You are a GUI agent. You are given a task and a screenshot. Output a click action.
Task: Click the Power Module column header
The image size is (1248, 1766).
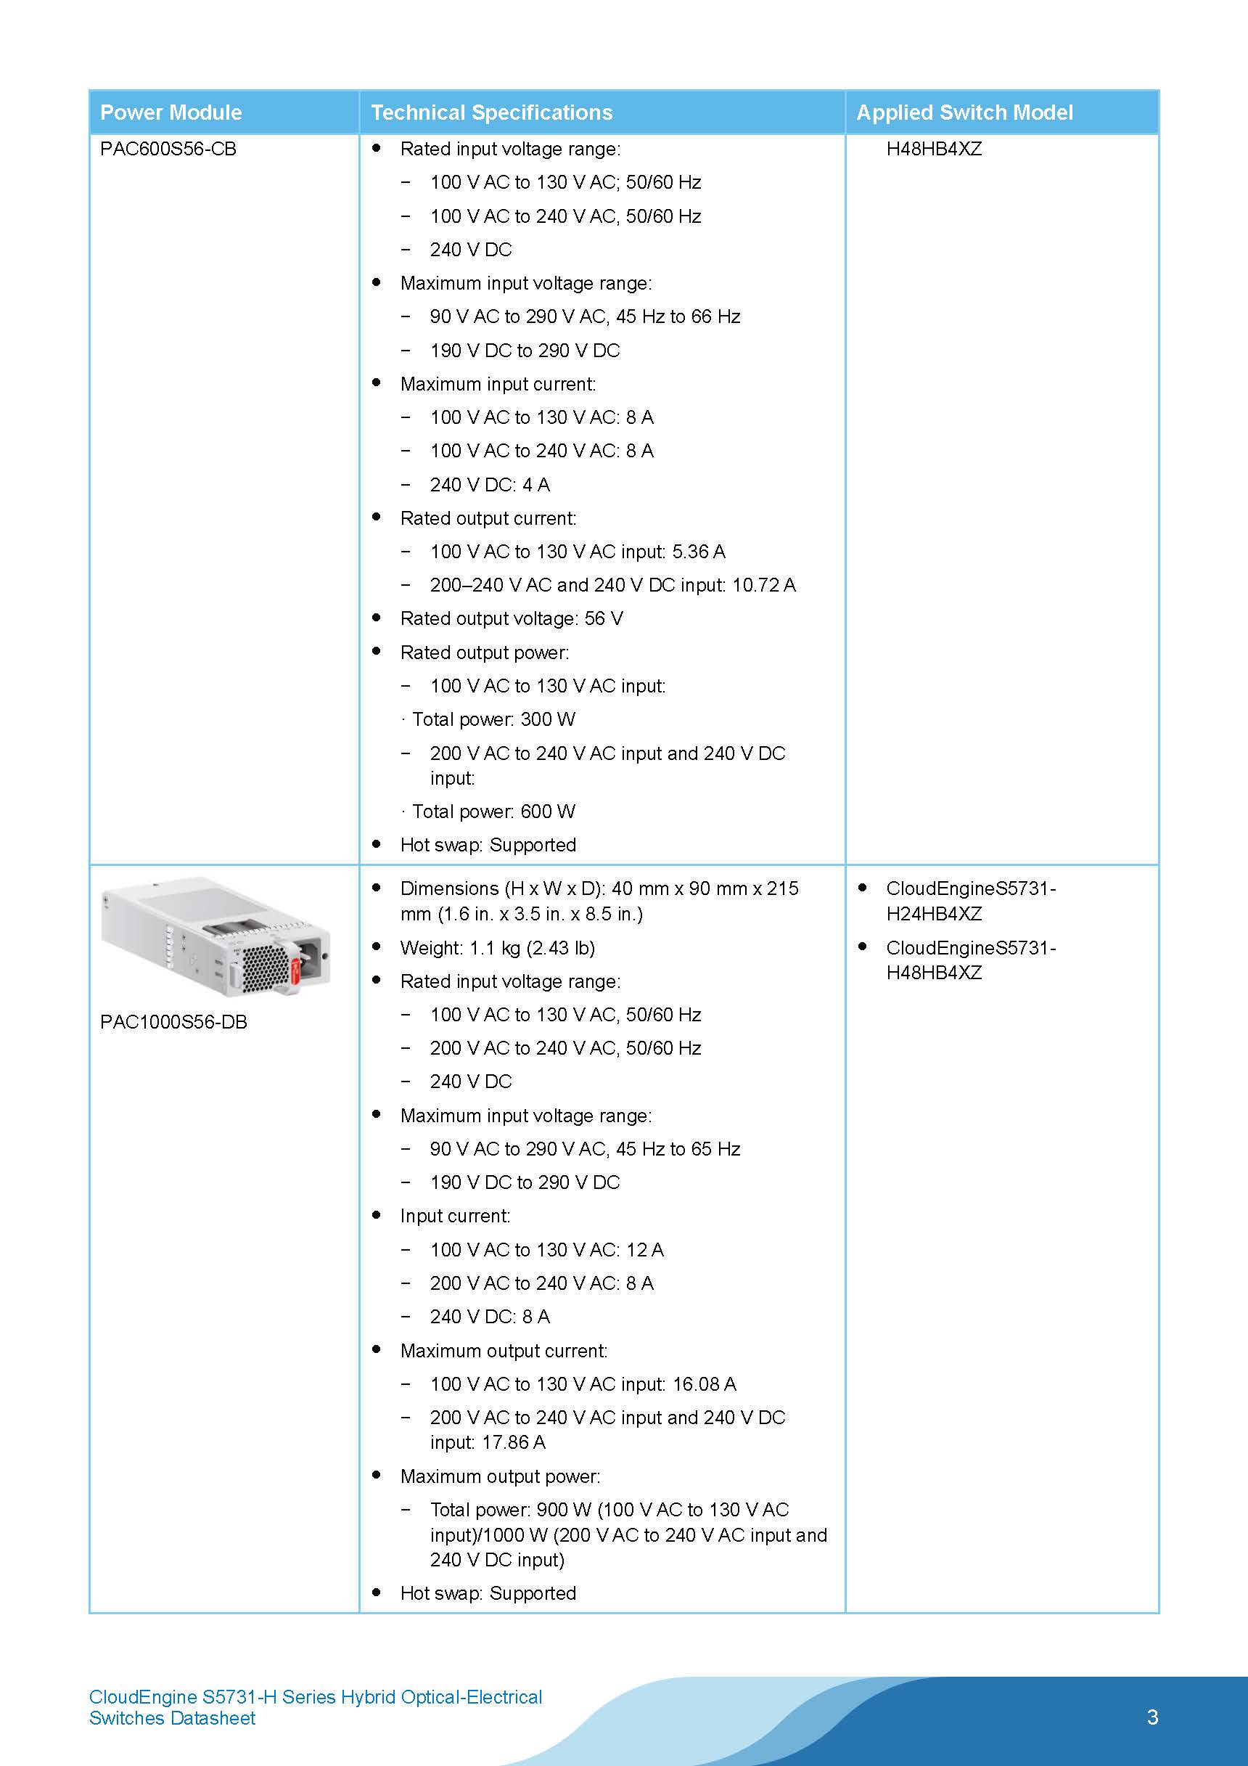pyautogui.click(x=171, y=113)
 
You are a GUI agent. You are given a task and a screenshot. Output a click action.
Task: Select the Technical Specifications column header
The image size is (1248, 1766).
pyautogui.click(x=491, y=113)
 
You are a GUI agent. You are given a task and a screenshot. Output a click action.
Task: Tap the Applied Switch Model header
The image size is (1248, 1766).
pyautogui.click(x=964, y=113)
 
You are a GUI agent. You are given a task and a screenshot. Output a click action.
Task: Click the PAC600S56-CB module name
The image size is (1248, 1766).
pyautogui.click(x=168, y=149)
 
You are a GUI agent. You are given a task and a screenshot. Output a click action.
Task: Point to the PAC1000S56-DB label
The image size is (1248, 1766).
pyautogui.click(x=174, y=1021)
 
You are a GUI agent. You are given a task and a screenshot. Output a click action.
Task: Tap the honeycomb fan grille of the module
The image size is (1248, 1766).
pyautogui.click(x=266, y=968)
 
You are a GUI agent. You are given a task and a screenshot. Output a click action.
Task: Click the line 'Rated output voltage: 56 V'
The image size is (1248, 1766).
pyautogui.click(x=512, y=618)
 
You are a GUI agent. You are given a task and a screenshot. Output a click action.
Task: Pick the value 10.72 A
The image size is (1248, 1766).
pyautogui.click(x=763, y=585)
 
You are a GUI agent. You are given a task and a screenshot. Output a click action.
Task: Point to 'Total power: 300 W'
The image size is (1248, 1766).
pyautogui.click(x=493, y=719)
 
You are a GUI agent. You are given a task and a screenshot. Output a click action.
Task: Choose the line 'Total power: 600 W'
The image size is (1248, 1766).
pyautogui.click(x=493, y=812)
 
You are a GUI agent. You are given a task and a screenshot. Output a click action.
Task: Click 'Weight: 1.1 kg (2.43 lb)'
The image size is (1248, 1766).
pyautogui.click(x=498, y=948)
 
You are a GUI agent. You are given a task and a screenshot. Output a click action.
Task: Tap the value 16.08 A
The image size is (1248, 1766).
pyautogui.click(x=705, y=1383)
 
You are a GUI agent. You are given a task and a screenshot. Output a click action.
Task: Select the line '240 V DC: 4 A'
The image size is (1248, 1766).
pyautogui.click(x=490, y=485)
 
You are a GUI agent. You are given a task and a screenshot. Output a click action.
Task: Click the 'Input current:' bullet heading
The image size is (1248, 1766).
pyautogui.click(x=455, y=1216)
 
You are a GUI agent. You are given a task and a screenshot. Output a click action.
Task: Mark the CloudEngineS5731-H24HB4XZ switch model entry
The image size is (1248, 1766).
pyautogui.click(x=970, y=901)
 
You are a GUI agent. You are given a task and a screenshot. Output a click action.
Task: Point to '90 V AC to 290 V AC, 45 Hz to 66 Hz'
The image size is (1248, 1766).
pyautogui.click(x=584, y=316)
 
